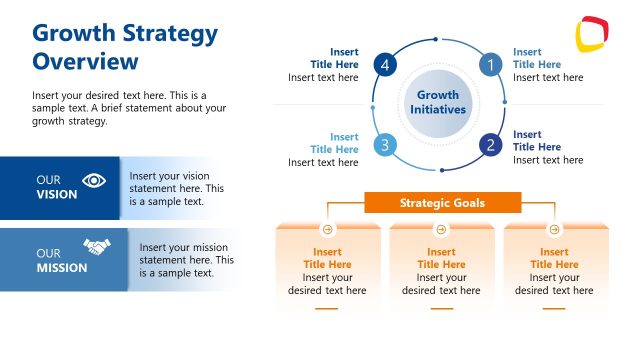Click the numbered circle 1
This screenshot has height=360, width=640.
click(x=489, y=66)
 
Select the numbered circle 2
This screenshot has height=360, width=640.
click(x=490, y=145)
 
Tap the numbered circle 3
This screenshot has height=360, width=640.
click(x=384, y=145)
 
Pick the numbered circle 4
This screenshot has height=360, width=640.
click(x=384, y=66)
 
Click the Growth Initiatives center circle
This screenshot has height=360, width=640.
click(x=437, y=103)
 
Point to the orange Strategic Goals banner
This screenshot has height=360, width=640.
click(x=442, y=203)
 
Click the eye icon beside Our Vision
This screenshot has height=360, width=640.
click(x=94, y=181)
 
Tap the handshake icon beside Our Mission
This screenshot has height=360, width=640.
click(x=96, y=246)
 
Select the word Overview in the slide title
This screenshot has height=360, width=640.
click(x=85, y=62)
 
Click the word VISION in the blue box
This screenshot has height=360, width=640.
click(x=57, y=195)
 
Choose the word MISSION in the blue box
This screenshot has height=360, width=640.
click(x=62, y=268)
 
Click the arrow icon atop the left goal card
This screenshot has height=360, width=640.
click(x=327, y=229)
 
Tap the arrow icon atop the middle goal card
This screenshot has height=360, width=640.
click(x=441, y=229)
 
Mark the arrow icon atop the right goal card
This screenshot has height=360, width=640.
click(x=555, y=229)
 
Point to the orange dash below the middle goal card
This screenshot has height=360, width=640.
click(x=441, y=310)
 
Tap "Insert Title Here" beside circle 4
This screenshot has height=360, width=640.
click(x=337, y=58)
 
